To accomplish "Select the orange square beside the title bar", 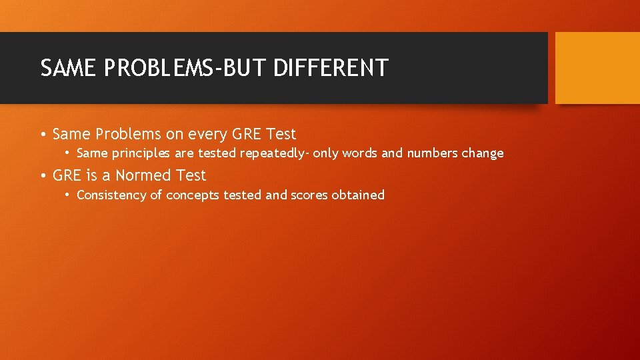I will [x=597, y=68].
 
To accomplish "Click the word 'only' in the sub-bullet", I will [x=326, y=153].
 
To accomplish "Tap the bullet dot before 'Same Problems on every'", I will [x=43, y=135].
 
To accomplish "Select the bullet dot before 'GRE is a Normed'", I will [x=43, y=176].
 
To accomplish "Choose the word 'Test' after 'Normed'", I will [x=191, y=175].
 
